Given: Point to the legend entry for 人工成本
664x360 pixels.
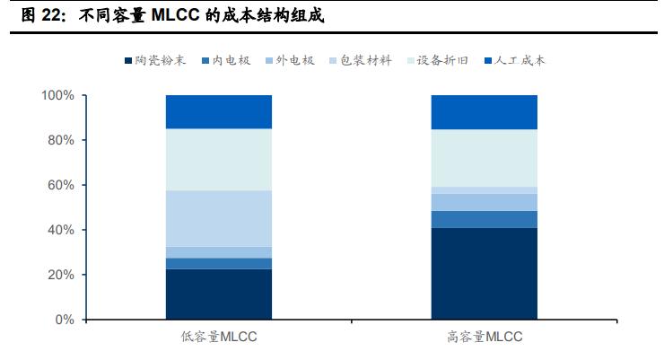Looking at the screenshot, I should click(x=518, y=61).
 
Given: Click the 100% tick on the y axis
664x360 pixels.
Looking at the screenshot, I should click(x=57, y=95).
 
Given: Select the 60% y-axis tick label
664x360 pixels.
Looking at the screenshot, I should click(x=61, y=185).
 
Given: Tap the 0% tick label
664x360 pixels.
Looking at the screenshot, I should click(x=65, y=320).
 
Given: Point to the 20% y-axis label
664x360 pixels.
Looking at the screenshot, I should click(x=61, y=275).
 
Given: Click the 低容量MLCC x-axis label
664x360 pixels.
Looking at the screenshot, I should click(x=218, y=338).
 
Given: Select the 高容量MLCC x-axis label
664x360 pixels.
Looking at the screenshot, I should click(x=484, y=338).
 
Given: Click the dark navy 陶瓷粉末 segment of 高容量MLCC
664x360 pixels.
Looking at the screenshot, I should click(x=484, y=274).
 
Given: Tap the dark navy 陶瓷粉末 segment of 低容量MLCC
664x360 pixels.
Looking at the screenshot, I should click(x=218, y=294).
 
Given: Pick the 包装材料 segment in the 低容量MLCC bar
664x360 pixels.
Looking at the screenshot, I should click(x=218, y=218).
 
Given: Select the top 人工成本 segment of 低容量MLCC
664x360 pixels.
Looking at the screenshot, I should click(x=218, y=111).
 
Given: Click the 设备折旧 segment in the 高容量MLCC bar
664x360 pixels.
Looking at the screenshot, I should click(x=484, y=158).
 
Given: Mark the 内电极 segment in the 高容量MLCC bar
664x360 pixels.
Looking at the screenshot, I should click(x=484, y=219).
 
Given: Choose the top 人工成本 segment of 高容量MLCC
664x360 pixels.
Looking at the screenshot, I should click(x=484, y=111).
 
